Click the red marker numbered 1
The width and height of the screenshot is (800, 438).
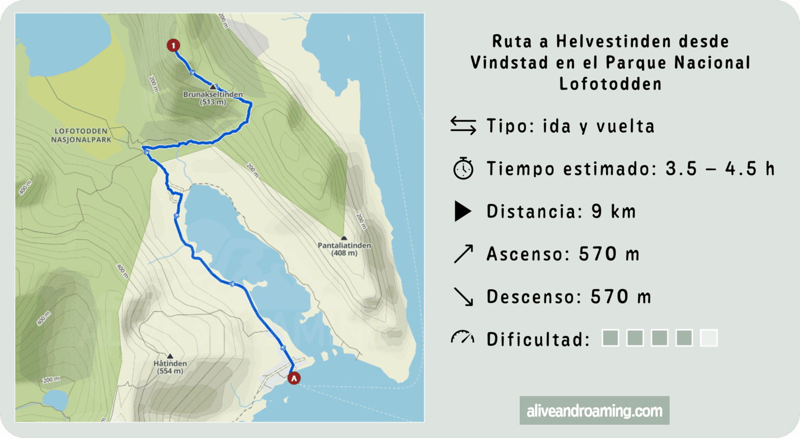173,46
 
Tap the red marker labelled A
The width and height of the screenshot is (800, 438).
294,378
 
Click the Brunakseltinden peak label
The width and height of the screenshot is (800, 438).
213,98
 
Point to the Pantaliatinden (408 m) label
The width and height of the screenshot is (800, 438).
344,249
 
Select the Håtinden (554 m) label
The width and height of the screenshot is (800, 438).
170,367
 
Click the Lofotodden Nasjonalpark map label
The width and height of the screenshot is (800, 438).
81,135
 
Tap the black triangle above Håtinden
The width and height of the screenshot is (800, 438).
170,356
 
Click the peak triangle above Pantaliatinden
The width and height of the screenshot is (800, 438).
344,238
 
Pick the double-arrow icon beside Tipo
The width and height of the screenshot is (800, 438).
463,126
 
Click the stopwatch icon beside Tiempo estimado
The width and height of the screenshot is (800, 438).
463,169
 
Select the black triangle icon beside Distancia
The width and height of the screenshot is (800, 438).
463,211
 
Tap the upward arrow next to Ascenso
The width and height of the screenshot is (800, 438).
463,254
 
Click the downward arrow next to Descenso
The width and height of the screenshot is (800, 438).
463,297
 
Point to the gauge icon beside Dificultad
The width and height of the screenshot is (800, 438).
463,338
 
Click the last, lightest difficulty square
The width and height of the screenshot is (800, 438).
708,338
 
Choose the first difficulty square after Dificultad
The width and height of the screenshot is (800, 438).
610,338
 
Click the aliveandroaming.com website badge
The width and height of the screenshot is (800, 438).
594,411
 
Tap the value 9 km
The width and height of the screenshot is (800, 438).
614,212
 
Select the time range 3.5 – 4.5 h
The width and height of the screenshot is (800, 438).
720,169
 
